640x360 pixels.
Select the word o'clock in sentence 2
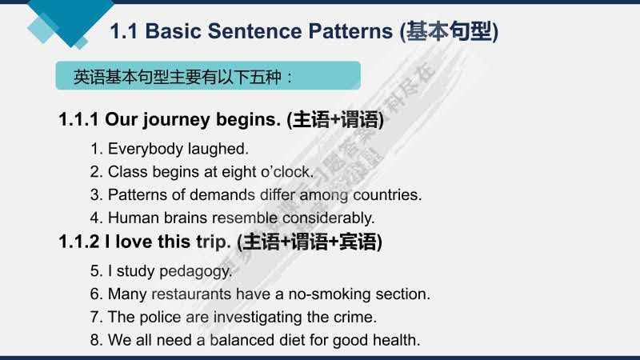point(284,171)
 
